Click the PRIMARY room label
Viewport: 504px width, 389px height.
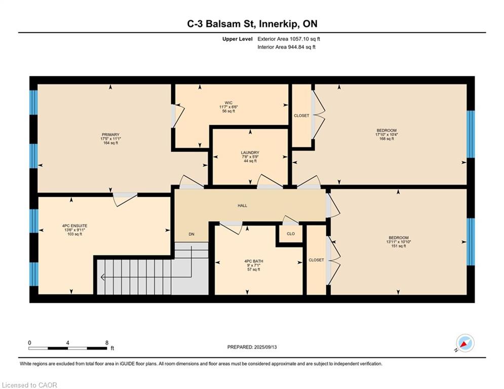point(110,135)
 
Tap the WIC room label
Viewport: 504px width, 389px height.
point(228,103)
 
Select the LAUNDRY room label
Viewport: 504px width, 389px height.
point(250,152)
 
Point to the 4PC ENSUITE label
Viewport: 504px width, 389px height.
point(74,226)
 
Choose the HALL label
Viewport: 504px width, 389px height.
point(242,206)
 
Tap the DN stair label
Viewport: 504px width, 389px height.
point(191,234)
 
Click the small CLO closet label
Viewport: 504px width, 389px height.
point(291,234)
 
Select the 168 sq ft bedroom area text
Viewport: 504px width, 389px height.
point(386,139)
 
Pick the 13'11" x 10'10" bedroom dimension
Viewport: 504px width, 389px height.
point(399,242)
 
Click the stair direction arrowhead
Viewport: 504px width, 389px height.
point(102,277)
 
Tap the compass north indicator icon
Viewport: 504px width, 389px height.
point(465,343)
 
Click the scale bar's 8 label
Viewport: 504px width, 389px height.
point(107,343)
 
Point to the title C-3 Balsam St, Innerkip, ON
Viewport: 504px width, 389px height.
point(252,24)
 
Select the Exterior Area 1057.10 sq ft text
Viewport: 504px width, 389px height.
point(289,39)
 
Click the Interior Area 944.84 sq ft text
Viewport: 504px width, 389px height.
point(286,47)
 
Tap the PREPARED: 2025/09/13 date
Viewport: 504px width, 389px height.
point(252,347)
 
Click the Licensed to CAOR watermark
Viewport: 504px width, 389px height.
point(29,385)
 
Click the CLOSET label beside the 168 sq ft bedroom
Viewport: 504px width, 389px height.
point(301,115)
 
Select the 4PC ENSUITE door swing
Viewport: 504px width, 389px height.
point(125,200)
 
